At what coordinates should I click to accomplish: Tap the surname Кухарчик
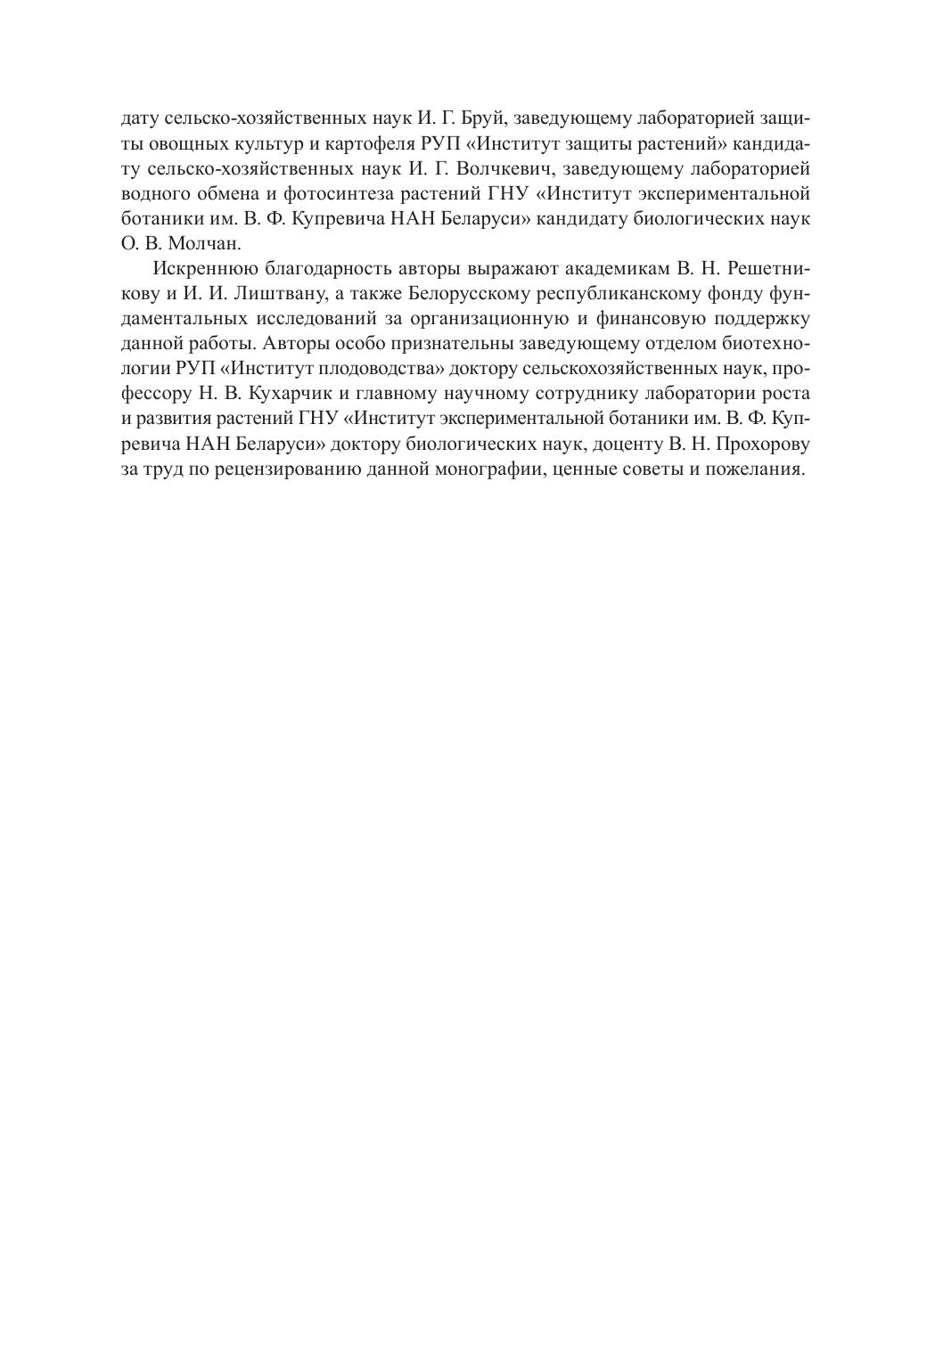(x=264, y=394)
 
